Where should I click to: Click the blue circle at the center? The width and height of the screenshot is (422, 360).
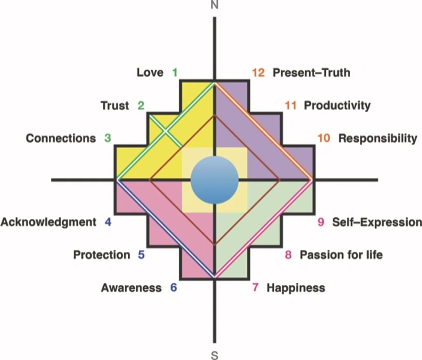214,180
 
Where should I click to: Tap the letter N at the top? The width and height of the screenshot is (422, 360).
214,5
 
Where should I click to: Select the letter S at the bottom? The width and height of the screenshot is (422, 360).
214,355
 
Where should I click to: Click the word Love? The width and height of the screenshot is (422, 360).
150,72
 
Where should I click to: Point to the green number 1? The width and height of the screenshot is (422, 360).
175,72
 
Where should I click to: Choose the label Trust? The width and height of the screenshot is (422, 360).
115,106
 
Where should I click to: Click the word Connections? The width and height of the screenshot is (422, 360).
61,138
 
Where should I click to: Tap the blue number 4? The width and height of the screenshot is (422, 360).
108,222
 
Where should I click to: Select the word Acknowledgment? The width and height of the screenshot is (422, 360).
48,222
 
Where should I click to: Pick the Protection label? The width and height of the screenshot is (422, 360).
101,255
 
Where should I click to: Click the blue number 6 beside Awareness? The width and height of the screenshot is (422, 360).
174,288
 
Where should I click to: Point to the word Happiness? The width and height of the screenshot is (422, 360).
296,288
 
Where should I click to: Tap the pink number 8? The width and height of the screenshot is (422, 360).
288,255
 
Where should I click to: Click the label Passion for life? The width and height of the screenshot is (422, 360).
341,255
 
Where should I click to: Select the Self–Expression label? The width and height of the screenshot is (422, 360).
377,222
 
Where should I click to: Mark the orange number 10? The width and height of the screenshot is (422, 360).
324,138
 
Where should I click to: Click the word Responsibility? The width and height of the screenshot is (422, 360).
378,138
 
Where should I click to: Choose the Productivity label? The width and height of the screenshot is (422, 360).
337,105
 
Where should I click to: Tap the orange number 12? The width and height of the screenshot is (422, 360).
258,72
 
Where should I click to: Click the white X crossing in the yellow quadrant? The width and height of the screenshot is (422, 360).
165,131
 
